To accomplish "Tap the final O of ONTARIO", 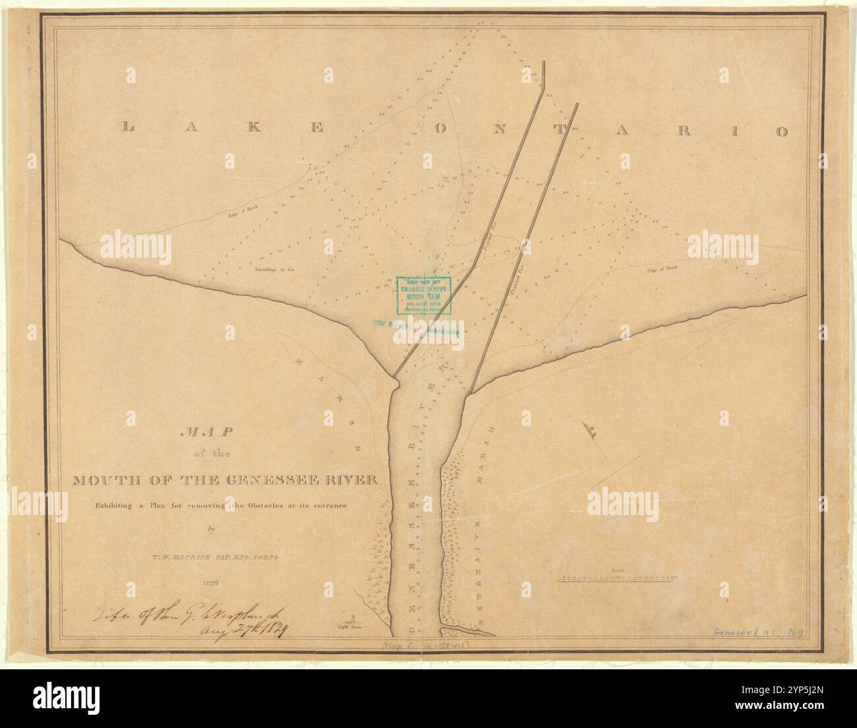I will (781, 131).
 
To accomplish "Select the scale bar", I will (617, 578).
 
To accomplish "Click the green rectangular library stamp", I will (425, 295).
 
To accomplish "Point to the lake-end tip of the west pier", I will (543, 62).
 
